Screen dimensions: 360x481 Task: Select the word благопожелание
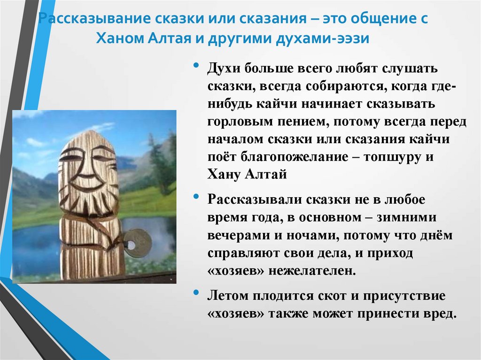coord(286,157)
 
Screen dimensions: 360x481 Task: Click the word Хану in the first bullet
coord(223,175)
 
